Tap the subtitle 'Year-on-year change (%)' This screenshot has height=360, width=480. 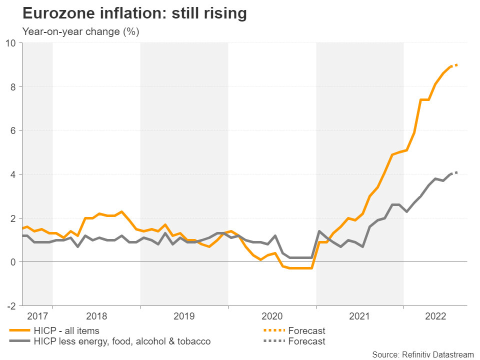[x=81, y=31]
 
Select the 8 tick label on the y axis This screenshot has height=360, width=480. [x=13, y=86]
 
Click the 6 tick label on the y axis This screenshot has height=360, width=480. [x=13, y=130]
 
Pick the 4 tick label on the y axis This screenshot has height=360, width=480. [x=13, y=174]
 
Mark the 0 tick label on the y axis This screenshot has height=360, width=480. [x=13, y=262]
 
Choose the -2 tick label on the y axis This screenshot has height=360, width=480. [x=11, y=306]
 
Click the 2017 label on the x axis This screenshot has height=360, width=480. [x=37, y=316]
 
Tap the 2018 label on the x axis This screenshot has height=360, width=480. [x=96, y=316]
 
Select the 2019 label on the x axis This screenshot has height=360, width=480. [x=184, y=316]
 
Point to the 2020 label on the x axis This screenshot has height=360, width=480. [x=272, y=316]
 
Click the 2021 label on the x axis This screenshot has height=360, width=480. [x=360, y=316]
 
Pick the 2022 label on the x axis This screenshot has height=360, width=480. [x=435, y=316]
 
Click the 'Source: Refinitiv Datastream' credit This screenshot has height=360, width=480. [x=422, y=354]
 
